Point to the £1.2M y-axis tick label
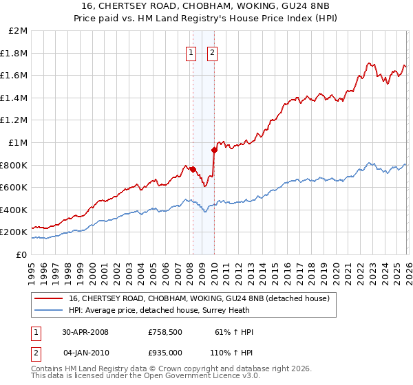(x=15, y=120)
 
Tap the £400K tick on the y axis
(x=15, y=210)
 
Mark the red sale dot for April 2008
(x=193, y=169)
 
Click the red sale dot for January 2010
(x=214, y=150)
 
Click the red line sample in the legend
(x=49, y=298)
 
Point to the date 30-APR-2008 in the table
(x=85, y=332)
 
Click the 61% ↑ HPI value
(x=235, y=332)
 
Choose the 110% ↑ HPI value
(x=232, y=352)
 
